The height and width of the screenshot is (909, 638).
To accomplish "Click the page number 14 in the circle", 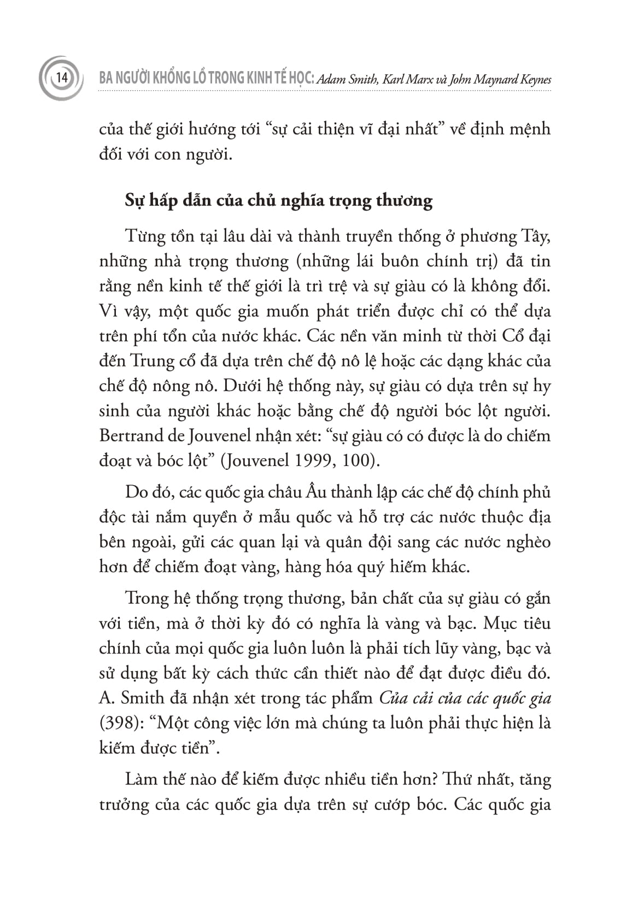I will [x=61, y=78].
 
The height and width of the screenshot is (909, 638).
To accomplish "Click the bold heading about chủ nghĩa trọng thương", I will [x=279, y=201].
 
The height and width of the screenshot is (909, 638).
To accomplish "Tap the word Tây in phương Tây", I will [x=535, y=236].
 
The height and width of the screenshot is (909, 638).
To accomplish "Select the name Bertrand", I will [x=132, y=435].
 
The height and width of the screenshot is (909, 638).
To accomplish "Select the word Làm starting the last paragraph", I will [x=141, y=779].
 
